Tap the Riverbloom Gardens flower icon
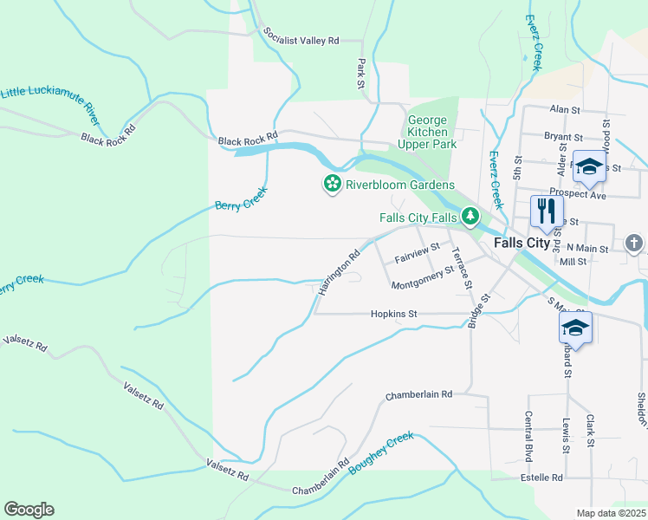(331, 185)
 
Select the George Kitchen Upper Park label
(427, 133)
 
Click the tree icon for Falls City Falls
(470, 217)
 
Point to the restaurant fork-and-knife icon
(546, 210)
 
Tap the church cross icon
(634, 243)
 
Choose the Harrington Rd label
(339, 273)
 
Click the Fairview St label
(418, 254)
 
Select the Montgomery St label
(423, 278)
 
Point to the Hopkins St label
(394, 314)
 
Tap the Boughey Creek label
(381, 452)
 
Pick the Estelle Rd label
(541, 478)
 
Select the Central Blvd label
(528, 436)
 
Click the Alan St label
(564, 109)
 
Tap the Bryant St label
(563, 137)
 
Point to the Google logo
(29, 510)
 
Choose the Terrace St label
(461, 268)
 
